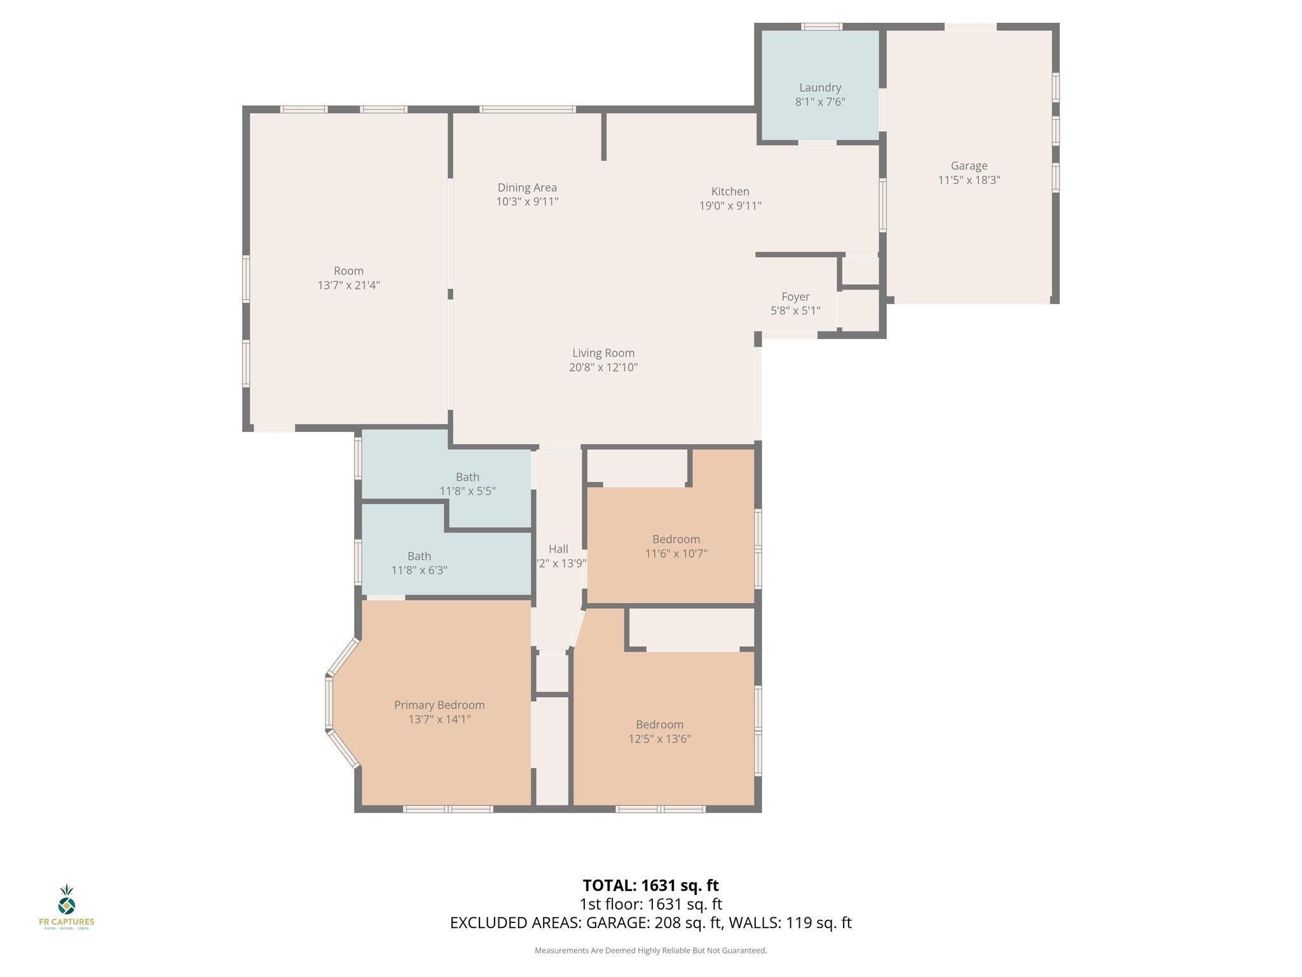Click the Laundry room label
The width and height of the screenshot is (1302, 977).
(x=820, y=88)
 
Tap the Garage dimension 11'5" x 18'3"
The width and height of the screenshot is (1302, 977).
(x=969, y=180)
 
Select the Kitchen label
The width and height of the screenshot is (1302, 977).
(x=730, y=191)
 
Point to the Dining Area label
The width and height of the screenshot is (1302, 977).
(x=527, y=188)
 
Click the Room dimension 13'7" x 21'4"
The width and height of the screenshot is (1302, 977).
(x=348, y=285)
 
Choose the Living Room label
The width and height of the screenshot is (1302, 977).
(x=603, y=353)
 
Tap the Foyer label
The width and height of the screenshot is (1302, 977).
(x=795, y=296)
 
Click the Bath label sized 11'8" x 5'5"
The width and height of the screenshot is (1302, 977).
(x=467, y=477)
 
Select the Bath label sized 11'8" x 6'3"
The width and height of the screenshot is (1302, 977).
(x=419, y=557)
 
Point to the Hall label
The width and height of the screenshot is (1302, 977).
(x=558, y=549)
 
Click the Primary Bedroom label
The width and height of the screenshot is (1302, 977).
(x=439, y=705)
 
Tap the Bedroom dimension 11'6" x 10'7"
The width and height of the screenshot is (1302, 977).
(x=676, y=553)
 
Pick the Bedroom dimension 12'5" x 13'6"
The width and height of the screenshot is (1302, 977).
(x=659, y=739)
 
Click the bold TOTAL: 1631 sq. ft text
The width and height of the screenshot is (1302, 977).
(x=650, y=885)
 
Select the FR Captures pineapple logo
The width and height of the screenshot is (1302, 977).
(x=67, y=899)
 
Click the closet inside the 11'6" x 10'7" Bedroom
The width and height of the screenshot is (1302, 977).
(x=637, y=466)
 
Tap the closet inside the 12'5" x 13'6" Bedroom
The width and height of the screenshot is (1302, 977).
(x=692, y=628)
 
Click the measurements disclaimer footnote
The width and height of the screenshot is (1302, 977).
(x=650, y=950)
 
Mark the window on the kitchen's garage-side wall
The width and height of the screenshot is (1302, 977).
(x=882, y=205)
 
